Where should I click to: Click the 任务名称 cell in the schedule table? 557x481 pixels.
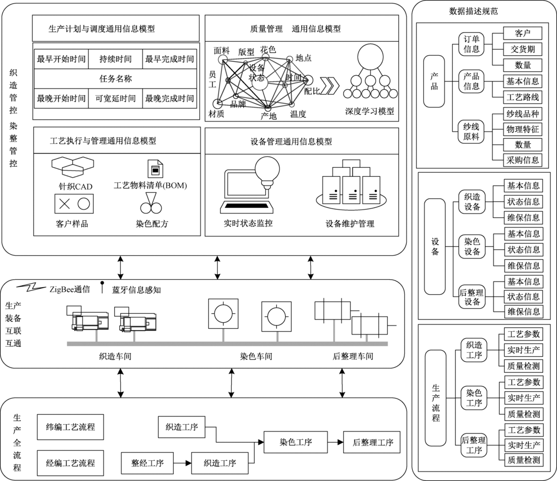[x=115, y=79]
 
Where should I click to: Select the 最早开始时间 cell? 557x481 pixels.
[x=61, y=59]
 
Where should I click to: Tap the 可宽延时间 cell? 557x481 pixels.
[x=115, y=99]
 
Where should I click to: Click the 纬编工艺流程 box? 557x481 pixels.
[x=70, y=428]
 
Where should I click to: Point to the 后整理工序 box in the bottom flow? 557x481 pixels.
[x=373, y=443]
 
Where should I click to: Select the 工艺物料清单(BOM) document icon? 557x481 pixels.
[x=153, y=168]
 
